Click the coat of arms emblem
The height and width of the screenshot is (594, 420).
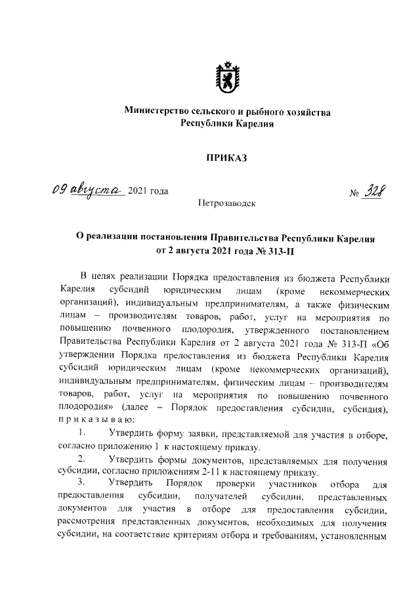pos(227,77)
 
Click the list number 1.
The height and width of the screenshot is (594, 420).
pos(81,433)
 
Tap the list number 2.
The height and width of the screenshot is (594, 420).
pos(81,458)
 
